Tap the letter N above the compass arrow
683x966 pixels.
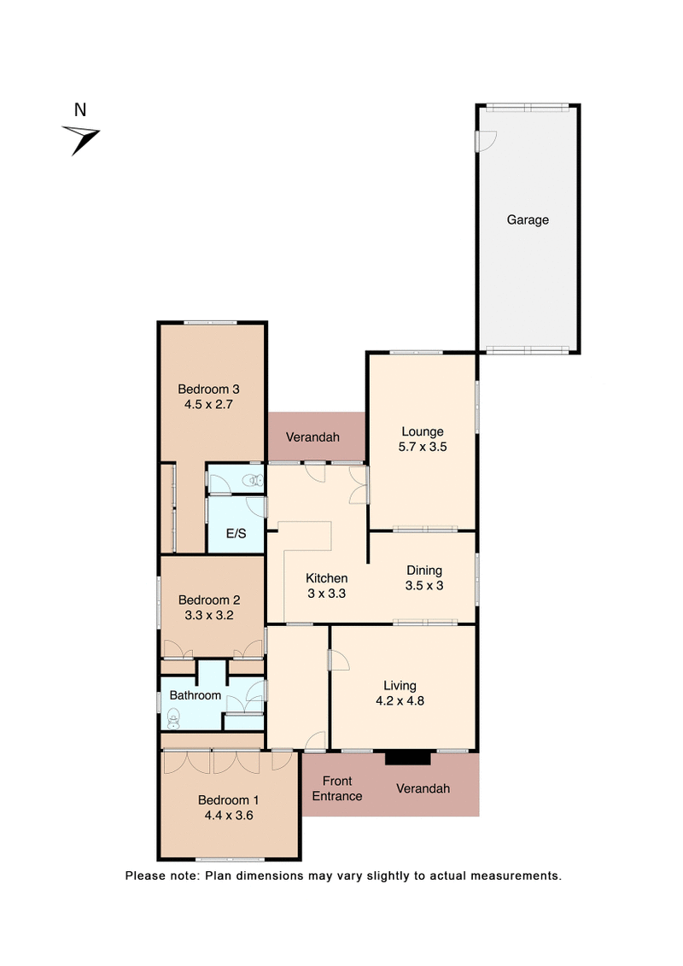[x=80, y=109]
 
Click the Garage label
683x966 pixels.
[x=528, y=220]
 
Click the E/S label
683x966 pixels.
[x=236, y=534]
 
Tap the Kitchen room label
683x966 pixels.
[x=327, y=578]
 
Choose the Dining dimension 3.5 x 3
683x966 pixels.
[x=424, y=585]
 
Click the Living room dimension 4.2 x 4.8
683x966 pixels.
[x=400, y=700]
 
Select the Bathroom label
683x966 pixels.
[x=195, y=695]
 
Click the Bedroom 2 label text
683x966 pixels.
[x=204, y=600]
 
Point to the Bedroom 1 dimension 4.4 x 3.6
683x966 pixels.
[x=228, y=815]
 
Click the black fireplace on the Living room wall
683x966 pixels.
[x=408, y=758]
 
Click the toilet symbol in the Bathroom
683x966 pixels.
[x=173, y=720]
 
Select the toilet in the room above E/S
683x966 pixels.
[x=252, y=481]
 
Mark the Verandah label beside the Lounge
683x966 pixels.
[x=312, y=437]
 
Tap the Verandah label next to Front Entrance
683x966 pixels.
[x=423, y=788]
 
